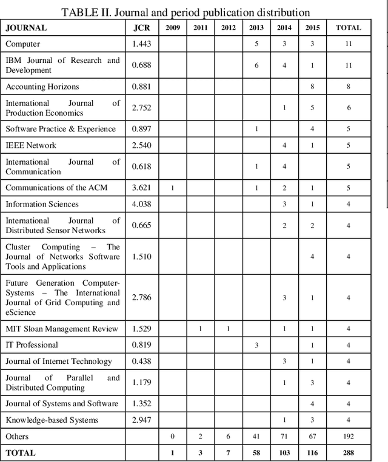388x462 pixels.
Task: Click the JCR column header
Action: coord(141,27)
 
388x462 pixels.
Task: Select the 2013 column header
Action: coord(256,27)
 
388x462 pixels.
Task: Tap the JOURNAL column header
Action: coord(27,27)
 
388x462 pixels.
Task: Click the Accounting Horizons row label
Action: coord(42,87)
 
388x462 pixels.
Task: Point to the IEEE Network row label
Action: coord(31,145)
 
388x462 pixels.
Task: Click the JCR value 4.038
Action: coord(141,204)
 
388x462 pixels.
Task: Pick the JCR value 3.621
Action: coord(141,188)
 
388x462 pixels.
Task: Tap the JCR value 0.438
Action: coord(141,361)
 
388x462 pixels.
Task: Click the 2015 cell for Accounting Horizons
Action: coord(312,87)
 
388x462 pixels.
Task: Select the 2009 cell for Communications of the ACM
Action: coord(172,188)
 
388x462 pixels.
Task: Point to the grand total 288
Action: coord(348,452)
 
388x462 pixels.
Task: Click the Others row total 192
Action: coord(348,436)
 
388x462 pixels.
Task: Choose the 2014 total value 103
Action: coord(284,452)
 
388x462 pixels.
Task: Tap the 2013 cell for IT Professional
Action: coord(256,345)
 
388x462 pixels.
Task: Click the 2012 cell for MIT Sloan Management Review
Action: coord(229,329)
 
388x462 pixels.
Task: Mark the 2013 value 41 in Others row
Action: coord(256,436)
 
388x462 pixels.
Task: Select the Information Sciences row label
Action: coord(42,204)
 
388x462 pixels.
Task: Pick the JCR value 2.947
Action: coord(141,420)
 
